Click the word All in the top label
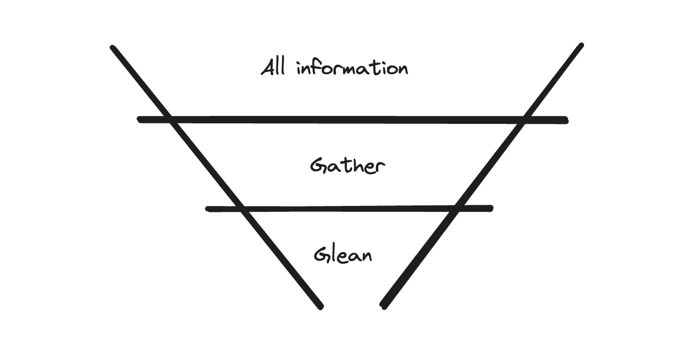[274, 68]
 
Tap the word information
[352, 69]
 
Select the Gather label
[347, 167]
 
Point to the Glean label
[343, 255]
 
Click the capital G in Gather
[318, 166]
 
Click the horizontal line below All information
[353, 120]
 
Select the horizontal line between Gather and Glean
[349, 209]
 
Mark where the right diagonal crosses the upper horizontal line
[522, 121]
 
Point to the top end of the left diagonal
[113, 48]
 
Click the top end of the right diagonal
[581, 46]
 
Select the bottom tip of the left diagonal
[320, 306]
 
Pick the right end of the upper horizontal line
[566, 121]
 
